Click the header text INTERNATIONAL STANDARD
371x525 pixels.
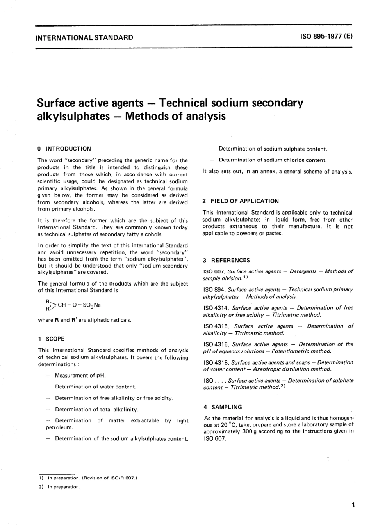(x=84, y=38)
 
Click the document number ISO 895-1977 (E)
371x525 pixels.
(x=326, y=37)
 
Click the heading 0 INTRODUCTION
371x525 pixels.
(x=64, y=149)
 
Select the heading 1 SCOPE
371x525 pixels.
(x=51, y=339)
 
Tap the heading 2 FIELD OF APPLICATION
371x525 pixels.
(x=241, y=201)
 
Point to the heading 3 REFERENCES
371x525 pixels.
(x=226, y=260)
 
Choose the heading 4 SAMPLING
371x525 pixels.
(x=223, y=407)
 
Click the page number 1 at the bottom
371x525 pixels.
(x=353, y=505)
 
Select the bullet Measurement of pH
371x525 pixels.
(x=80, y=375)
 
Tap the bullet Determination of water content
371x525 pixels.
(x=95, y=387)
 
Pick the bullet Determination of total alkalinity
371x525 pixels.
(x=96, y=410)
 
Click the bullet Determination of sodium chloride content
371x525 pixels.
(x=273, y=160)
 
